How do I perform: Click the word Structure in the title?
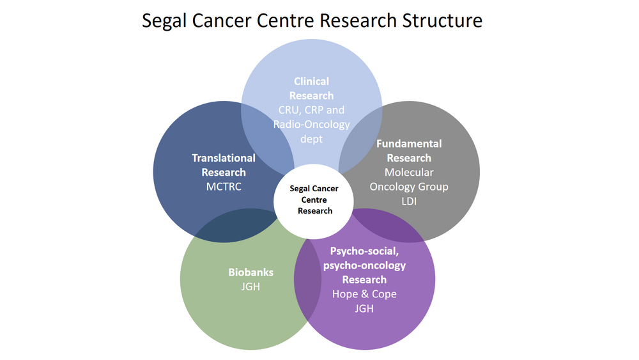tap(442, 20)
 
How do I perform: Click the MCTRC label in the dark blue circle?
tap(223, 186)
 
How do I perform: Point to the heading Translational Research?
tap(223, 165)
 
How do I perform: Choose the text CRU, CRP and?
tap(311, 110)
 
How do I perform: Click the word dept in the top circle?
tap(311, 138)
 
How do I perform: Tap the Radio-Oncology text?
tap(311, 124)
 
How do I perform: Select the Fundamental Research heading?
tap(409, 151)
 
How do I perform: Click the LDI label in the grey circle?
tap(409, 201)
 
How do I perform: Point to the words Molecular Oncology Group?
tap(409, 180)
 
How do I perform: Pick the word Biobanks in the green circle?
tap(250, 272)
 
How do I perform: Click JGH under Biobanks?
tap(250, 286)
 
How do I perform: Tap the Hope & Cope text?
tap(364, 294)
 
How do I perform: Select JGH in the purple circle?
tap(364, 308)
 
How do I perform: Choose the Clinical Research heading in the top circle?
tap(311, 88)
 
